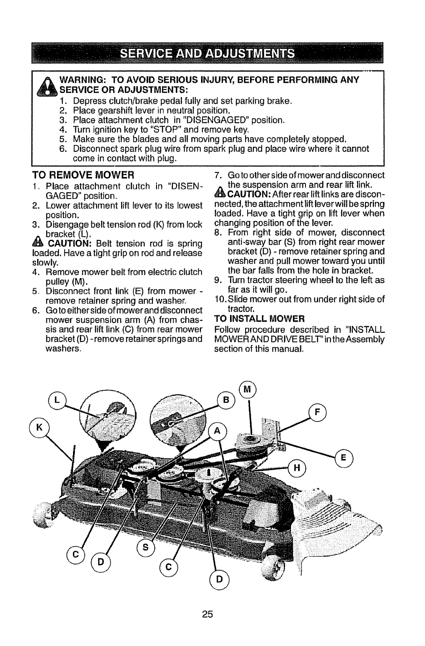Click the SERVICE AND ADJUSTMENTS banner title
click(212, 53)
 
